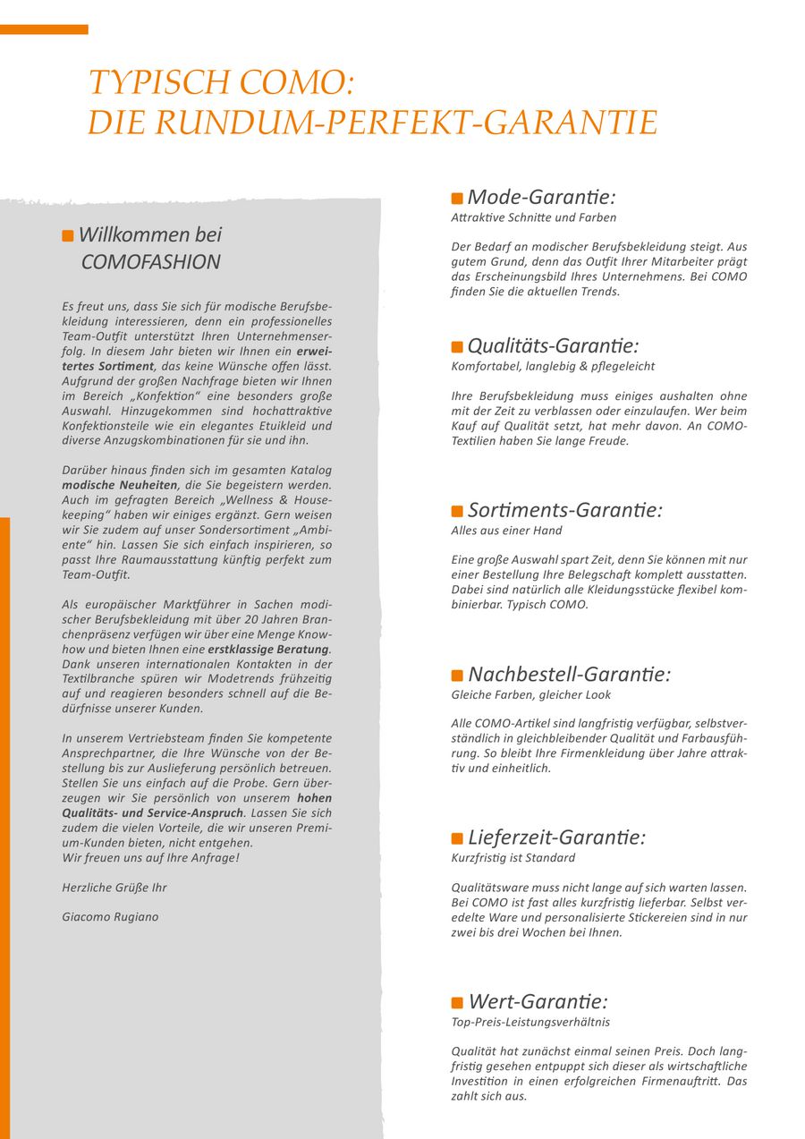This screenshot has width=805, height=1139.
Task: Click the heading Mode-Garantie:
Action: pos(541,197)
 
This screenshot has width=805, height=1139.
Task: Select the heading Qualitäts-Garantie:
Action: pos(553,345)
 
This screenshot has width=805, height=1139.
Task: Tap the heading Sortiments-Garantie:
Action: pos(564,510)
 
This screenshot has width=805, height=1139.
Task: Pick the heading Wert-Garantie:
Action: pos(538,1001)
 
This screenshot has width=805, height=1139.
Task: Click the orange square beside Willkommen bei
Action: pos(68,236)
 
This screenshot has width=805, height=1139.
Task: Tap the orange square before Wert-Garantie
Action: pos(457,1003)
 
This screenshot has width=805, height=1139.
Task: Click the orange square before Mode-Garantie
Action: pos(457,199)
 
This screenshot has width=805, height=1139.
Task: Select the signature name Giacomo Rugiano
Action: pos(110,917)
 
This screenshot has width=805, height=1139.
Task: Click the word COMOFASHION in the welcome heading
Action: pos(150,262)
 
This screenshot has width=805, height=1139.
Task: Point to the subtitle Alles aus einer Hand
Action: pos(506,531)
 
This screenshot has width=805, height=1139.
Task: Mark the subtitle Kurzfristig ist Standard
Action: pos(513,858)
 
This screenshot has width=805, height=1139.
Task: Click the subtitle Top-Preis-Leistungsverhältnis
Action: pos(530,1022)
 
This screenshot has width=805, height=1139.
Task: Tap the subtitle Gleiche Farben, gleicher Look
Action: pos(531,694)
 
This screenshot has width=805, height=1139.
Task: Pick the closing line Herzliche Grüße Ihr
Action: pos(114,888)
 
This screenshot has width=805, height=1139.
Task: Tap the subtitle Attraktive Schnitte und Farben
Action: pos(533,217)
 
